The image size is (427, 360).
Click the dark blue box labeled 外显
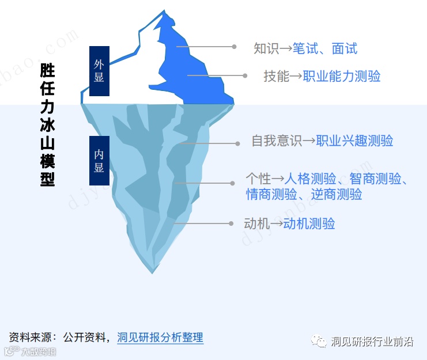pos(99,71)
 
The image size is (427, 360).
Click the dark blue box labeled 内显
pos(99,161)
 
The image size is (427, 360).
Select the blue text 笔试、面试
pos(324,48)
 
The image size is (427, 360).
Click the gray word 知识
pos(266,48)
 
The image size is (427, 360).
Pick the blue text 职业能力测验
pos(342,76)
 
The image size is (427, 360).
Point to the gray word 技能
pos(276,76)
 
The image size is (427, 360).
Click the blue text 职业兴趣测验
pos(354,141)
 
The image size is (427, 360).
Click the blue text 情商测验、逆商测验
pos(304,194)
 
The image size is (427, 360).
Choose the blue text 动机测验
pos(309,223)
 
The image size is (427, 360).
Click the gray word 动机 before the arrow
pos(256,223)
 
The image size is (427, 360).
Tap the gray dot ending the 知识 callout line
pos(235,47)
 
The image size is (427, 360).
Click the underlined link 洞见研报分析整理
pos(160,338)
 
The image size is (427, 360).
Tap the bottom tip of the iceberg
pos(152,271)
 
